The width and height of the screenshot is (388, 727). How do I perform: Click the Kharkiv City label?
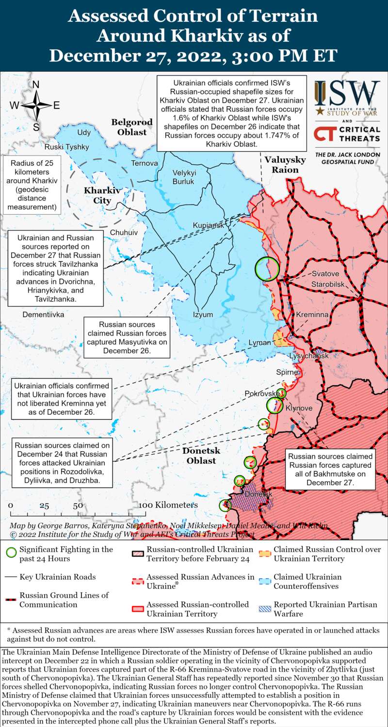tap(97, 195)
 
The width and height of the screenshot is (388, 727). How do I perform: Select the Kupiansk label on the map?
tap(208, 225)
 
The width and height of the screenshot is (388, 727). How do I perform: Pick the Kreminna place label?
tap(312, 315)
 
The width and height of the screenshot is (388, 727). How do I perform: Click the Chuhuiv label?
tap(124, 233)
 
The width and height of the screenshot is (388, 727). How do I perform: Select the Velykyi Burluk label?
tap(183, 177)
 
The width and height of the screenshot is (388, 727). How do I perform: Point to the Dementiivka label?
tap(43, 315)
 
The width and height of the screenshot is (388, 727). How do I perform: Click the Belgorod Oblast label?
tap(132, 127)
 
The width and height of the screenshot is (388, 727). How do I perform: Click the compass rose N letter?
tap(35, 85)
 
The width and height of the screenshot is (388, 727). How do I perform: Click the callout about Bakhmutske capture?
tap(330, 469)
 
